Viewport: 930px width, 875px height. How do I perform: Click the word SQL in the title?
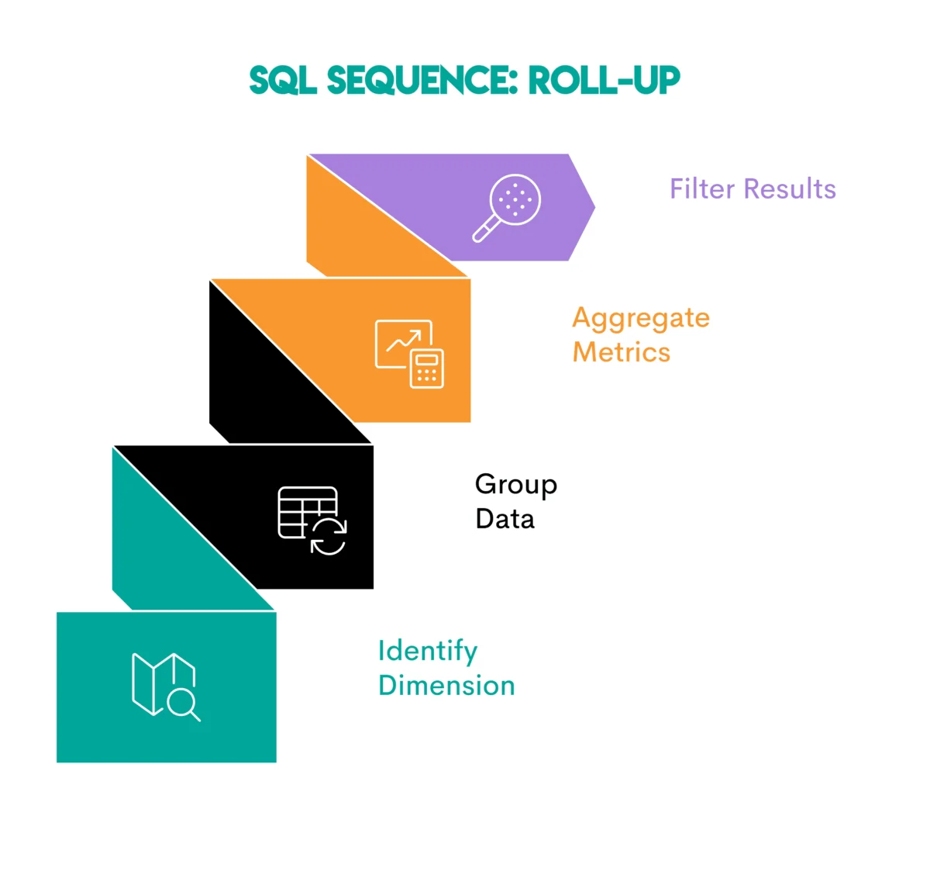click(x=283, y=81)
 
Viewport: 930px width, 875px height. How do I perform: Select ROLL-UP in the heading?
click(x=604, y=81)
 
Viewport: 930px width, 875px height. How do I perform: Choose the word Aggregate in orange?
click(x=641, y=318)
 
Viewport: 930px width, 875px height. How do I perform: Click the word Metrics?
click(x=622, y=352)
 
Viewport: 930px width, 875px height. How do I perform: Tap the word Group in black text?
click(x=516, y=485)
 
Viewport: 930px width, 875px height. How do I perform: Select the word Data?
click(x=505, y=519)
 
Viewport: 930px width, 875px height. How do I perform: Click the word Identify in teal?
click(x=428, y=652)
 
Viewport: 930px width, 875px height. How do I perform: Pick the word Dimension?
click(x=446, y=686)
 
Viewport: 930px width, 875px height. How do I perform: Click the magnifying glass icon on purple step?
click(x=508, y=207)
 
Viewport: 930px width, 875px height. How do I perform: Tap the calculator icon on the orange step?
click(x=427, y=369)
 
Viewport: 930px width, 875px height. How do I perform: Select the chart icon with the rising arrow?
click(x=401, y=342)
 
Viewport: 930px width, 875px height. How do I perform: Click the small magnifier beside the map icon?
click(x=184, y=705)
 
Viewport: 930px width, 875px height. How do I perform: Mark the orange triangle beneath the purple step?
click(x=356, y=233)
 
